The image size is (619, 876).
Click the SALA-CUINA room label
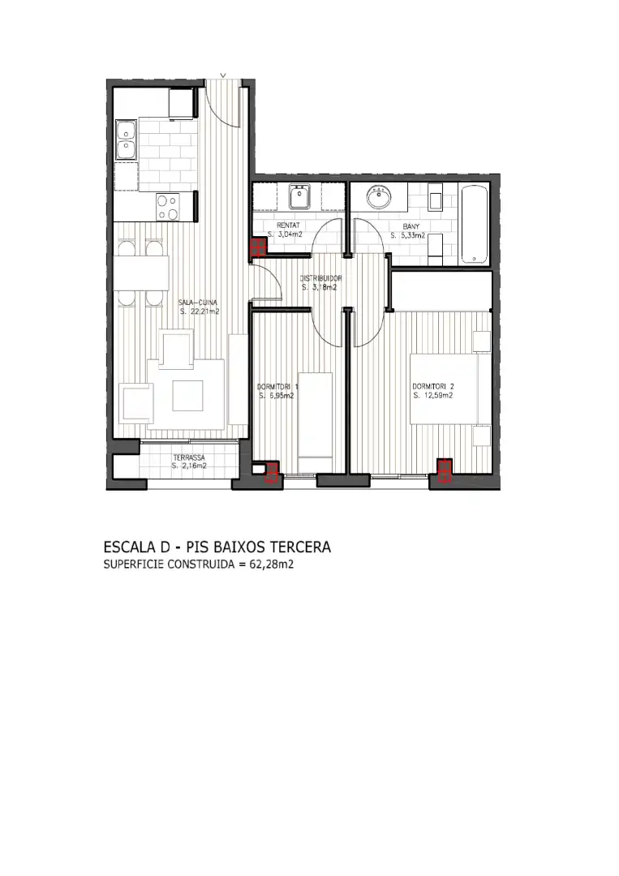(198, 303)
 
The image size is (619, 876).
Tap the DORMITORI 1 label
(277, 387)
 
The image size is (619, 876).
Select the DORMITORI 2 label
(433, 386)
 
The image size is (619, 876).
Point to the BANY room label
(411, 227)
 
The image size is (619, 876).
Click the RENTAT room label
(288, 225)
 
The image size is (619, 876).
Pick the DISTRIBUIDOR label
(320, 278)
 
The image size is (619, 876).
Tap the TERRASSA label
(189, 457)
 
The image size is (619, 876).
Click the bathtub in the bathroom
(474, 225)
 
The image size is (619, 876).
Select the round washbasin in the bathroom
(380, 198)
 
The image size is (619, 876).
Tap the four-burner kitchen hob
(168, 208)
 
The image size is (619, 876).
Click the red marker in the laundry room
(257, 247)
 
